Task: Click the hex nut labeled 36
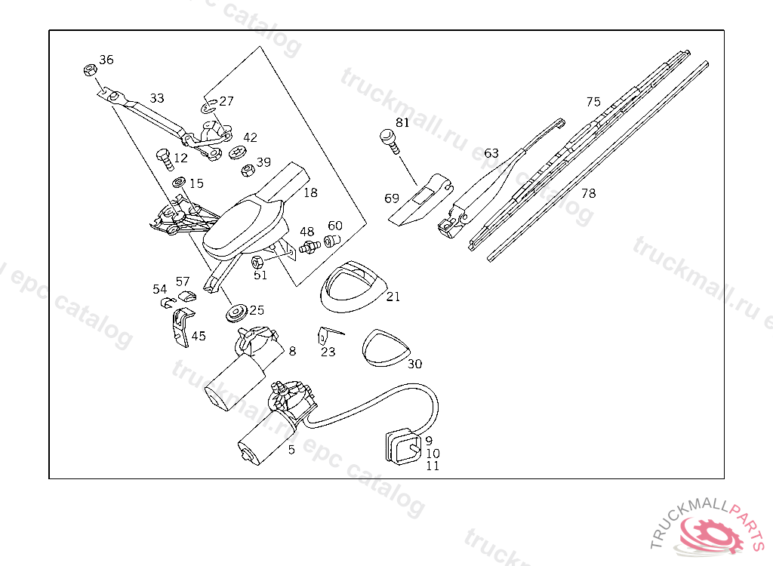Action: coord(88,70)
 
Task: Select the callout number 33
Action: coord(157,98)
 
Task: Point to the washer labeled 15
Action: coord(180,183)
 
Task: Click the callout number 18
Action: coord(310,193)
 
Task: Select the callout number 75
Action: coord(593,102)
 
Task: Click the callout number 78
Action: coord(589,193)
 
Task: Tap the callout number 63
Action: coord(491,153)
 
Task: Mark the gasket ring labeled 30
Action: coord(385,348)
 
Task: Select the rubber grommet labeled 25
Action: coord(236,312)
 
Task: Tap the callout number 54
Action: coord(159,289)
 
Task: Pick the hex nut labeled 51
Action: coord(257,262)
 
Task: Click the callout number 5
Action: coord(291,450)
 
